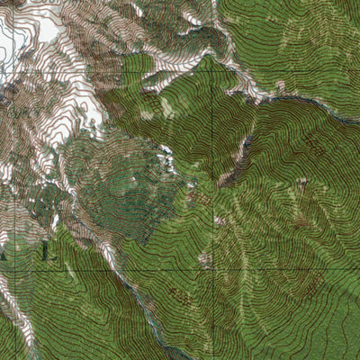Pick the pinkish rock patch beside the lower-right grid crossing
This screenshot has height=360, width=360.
[x=205, y=261]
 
